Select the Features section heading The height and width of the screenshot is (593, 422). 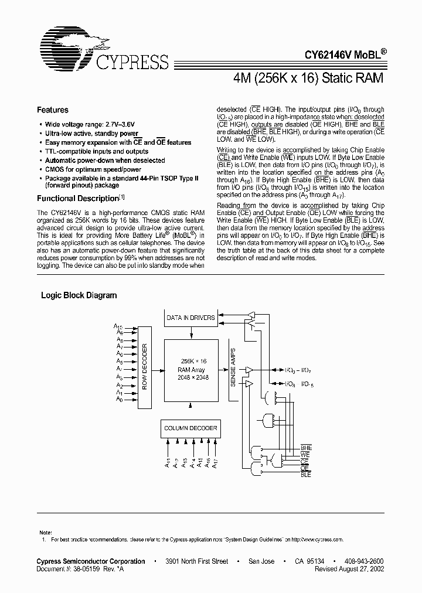point(53,110)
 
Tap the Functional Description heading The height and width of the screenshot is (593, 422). point(77,198)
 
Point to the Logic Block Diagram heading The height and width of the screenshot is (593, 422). point(79,295)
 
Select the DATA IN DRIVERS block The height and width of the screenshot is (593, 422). point(190,318)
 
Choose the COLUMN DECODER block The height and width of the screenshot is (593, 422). point(190,428)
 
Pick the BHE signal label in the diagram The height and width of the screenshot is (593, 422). point(306,448)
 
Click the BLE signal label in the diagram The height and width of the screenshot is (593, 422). point(306,475)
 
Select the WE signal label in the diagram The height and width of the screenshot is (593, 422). point(305,455)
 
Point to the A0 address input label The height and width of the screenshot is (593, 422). point(119,400)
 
